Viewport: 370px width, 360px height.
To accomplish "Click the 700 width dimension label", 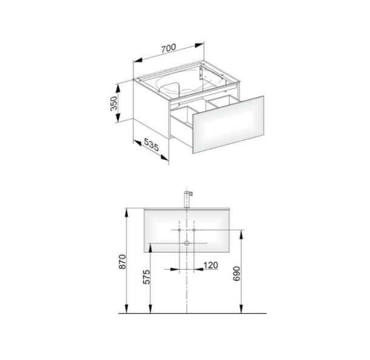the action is coord(169,48).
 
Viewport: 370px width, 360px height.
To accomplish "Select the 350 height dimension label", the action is coord(114,103).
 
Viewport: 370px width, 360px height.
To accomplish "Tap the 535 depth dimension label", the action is coord(151,144).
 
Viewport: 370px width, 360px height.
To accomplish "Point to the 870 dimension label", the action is coord(123,261).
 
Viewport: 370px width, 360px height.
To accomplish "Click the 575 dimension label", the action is coord(146,277).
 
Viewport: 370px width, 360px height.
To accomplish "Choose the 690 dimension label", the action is coord(236,273).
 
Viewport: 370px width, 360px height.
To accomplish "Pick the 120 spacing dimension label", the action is coord(210,265).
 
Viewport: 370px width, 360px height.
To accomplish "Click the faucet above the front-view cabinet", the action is coord(187,199).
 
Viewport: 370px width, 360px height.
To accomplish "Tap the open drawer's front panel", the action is coord(228,125).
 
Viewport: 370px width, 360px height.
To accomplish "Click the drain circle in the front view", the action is coord(187,243).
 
